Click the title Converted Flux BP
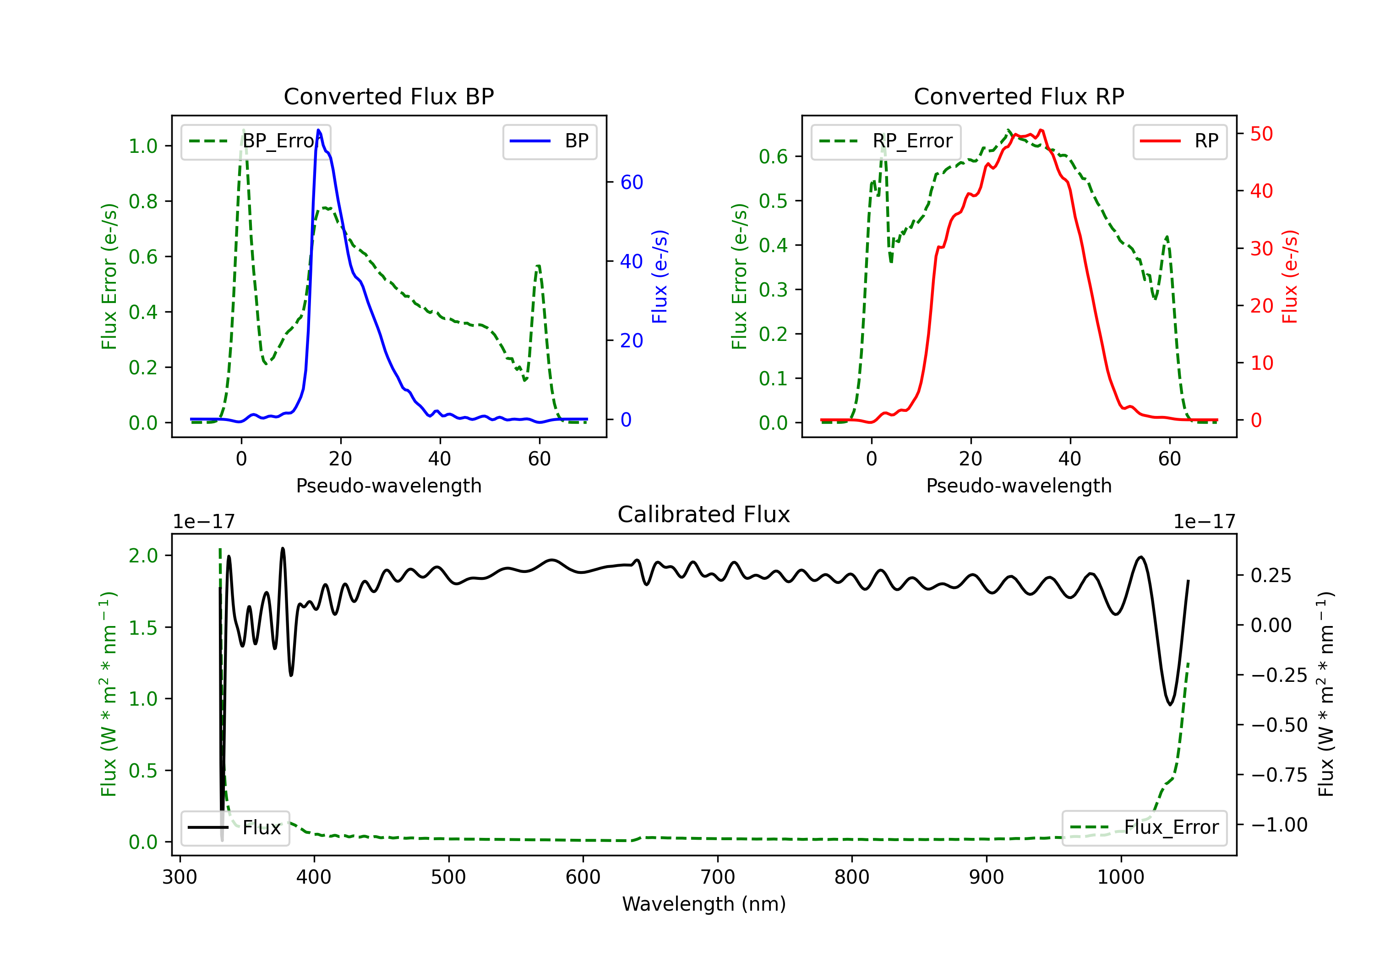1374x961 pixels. pyautogui.click(x=389, y=96)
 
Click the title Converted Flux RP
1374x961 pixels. pyautogui.click(x=1019, y=96)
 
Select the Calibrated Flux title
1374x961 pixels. pyautogui.click(x=704, y=514)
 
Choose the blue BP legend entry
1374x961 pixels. pyautogui.click(x=549, y=141)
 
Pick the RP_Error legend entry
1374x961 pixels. pyautogui.click(x=886, y=141)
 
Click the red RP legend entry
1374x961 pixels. pyautogui.click(x=1179, y=141)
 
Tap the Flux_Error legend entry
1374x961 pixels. pyautogui.click(x=1144, y=828)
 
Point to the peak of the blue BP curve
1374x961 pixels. pyautogui.click(x=318, y=130)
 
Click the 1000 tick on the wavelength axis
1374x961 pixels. pyautogui.click(x=1121, y=877)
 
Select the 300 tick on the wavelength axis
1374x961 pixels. pyautogui.click(x=180, y=877)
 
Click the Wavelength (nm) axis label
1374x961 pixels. pyautogui.click(x=704, y=904)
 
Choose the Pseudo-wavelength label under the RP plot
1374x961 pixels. pyautogui.click(x=1019, y=486)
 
